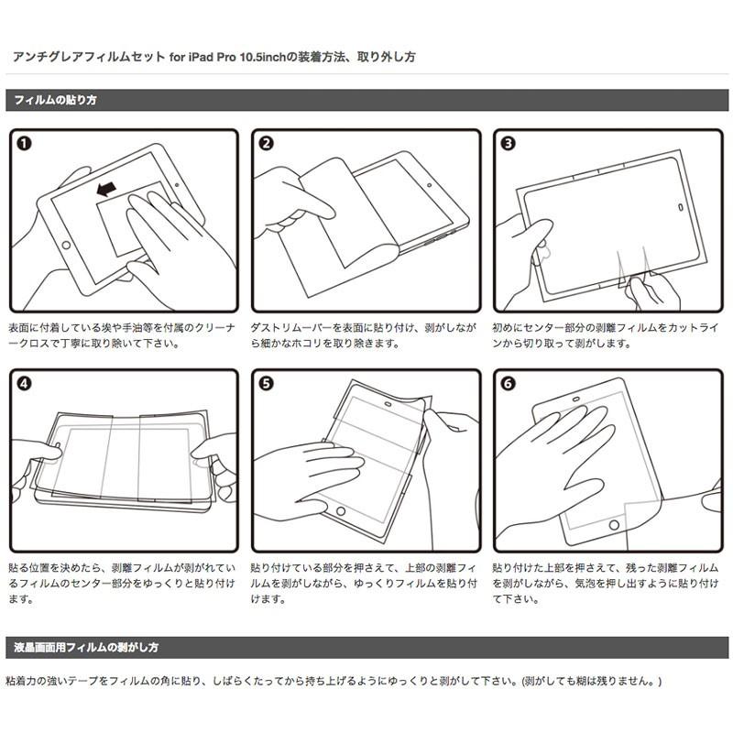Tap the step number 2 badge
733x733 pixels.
click(x=266, y=144)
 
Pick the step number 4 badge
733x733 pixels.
click(x=24, y=385)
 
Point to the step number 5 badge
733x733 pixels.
click(x=266, y=385)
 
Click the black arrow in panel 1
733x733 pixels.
click(x=105, y=190)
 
